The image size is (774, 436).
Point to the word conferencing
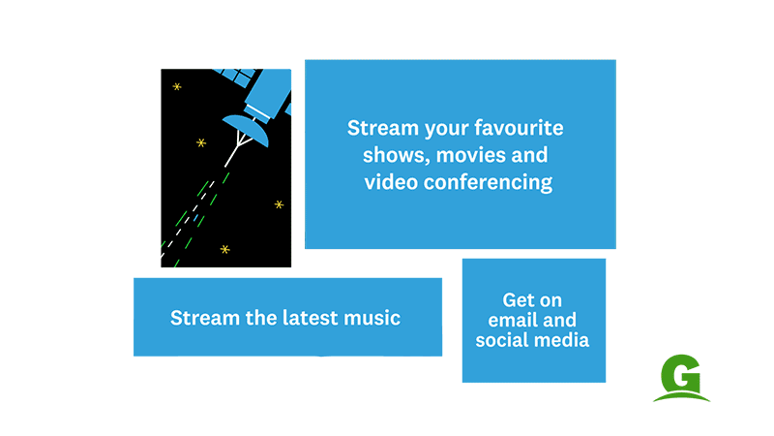(488, 182)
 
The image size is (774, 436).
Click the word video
(392, 182)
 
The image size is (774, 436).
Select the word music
(372, 318)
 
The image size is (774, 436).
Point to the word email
(510, 320)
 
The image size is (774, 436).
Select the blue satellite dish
(246, 130)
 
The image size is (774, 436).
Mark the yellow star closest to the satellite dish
(201, 142)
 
